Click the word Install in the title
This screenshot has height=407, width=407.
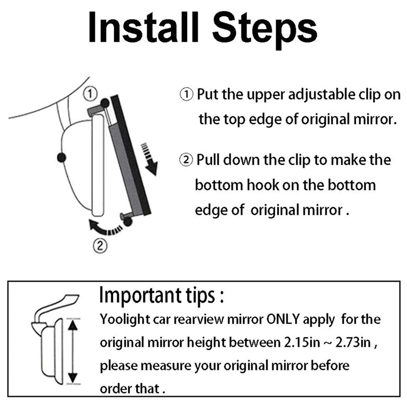pos(143,27)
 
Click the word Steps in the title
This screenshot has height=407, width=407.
pos(265,31)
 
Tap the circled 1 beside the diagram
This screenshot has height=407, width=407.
pos(91,94)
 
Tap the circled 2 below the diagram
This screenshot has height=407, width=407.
pos(100,245)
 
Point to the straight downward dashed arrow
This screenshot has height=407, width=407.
pos(149,159)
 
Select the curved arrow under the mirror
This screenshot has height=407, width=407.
pos(105,228)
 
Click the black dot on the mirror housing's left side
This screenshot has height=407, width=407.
pos(62,157)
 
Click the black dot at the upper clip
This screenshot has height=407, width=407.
pos(105,104)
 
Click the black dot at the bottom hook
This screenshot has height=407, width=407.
pos(128,221)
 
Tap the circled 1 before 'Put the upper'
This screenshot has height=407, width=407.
pos(186,94)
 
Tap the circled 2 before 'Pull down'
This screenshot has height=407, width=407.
pos(186,160)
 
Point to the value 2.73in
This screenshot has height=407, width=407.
pos(353,342)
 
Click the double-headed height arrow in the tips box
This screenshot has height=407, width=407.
pos(73,351)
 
